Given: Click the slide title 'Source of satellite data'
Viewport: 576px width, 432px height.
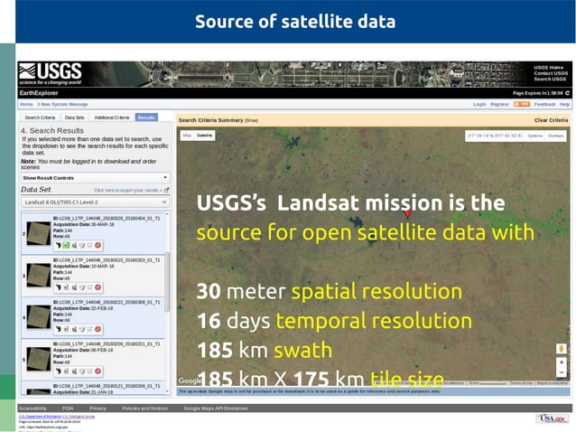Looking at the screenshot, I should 295,21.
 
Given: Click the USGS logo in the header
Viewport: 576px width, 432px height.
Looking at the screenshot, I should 50,73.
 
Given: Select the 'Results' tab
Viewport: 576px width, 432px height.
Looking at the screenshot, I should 146,117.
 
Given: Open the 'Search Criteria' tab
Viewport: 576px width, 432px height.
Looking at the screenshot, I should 40,117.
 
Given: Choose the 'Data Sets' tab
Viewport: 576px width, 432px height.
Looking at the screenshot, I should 74,117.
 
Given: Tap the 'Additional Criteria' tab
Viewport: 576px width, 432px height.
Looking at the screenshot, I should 111,117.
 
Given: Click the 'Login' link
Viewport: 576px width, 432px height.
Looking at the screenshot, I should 479,105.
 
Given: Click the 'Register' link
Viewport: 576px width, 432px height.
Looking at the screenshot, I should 499,105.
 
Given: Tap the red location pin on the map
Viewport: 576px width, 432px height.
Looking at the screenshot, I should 406,213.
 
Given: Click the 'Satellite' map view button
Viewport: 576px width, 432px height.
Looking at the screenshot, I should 205,136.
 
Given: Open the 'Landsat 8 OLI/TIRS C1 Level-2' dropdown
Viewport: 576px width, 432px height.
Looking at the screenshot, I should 95,202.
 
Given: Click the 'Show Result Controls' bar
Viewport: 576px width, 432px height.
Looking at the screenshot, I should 95,178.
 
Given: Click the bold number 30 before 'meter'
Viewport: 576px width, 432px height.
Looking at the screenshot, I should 208,293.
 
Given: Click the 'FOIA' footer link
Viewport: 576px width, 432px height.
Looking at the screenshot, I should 69,409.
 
